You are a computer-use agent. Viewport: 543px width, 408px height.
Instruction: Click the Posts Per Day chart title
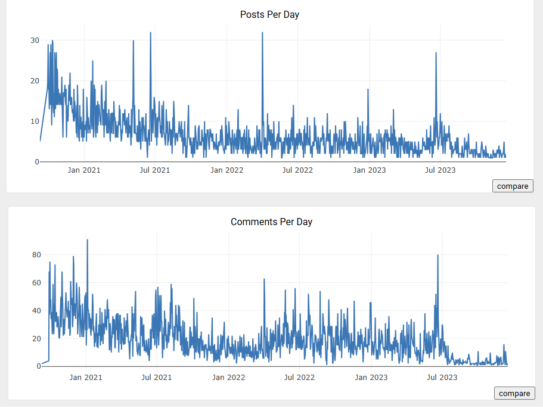[x=269, y=14]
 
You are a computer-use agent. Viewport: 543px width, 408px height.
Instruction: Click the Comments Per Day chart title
[x=271, y=222]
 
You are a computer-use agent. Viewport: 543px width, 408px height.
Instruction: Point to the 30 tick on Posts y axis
[x=35, y=41]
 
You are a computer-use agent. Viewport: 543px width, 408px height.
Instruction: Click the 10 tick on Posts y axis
[x=35, y=122]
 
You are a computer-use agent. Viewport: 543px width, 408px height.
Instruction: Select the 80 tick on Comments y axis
[x=36, y=255]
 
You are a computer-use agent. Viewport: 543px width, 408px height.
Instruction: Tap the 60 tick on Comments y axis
[x=36, y=282]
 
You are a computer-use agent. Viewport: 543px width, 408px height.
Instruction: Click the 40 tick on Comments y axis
[x=36, y=310]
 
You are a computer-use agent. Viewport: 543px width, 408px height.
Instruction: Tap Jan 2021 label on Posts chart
[x=84, y=170]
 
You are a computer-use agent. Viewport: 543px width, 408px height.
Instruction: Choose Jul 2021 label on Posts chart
[x=155, y=170]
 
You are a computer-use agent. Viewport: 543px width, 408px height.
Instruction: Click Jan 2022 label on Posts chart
[x=226, y=170]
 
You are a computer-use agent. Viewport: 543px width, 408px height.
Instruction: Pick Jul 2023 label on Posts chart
[x=440, y=170]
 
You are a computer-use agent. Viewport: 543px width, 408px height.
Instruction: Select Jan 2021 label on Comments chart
[x=86, y=377]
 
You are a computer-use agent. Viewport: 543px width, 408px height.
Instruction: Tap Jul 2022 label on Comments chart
[x=299, y=377]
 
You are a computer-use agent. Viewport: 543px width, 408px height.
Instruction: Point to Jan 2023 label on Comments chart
[x=371, y=377]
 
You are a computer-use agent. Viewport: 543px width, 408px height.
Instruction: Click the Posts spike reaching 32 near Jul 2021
[x=150, y=33]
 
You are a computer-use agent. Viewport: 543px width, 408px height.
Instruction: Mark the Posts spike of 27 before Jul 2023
[x=436, y=54]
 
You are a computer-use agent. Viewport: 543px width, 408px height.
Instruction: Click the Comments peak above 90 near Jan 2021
[x=87, y=241]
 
